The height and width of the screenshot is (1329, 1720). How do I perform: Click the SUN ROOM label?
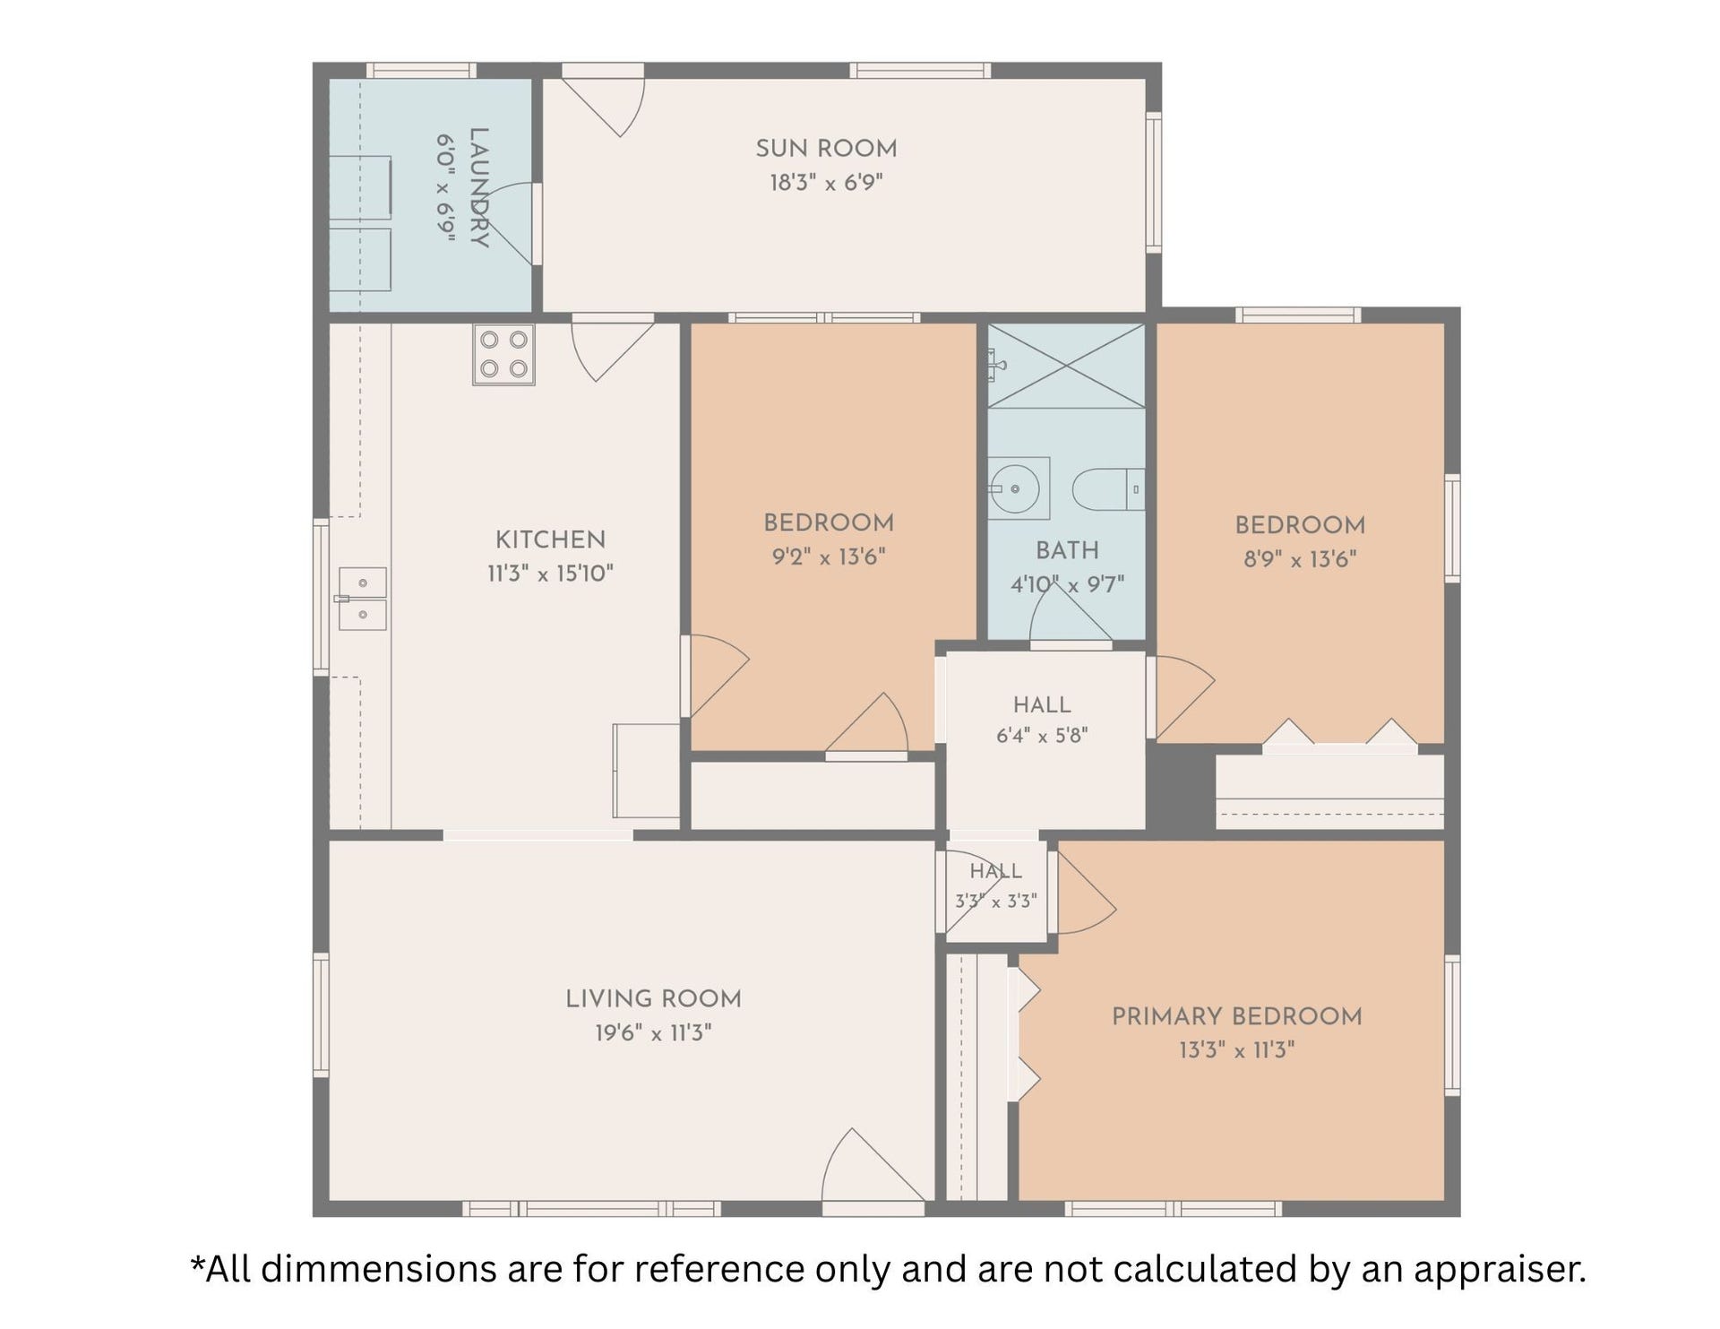coord(826,148)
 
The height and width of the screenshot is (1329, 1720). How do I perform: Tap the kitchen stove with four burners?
coord(503,355)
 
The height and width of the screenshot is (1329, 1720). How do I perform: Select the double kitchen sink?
coord(363,599)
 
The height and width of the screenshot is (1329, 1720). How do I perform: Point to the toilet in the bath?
coord(1108,489)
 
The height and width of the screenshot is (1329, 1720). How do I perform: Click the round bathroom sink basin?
coord(1016,489)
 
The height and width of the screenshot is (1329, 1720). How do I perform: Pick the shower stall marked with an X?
coord(1066,366)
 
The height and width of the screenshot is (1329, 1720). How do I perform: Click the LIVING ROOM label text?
coord(653,998)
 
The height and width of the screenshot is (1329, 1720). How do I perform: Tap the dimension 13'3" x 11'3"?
coord(1237,1049)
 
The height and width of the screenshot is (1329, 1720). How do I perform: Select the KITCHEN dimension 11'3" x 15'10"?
coord(550,574)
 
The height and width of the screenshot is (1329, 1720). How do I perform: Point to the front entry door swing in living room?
coord(873,1165)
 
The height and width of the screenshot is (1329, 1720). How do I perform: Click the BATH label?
coord(1067,550)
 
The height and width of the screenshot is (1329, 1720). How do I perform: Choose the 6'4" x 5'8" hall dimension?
coord(1042,736)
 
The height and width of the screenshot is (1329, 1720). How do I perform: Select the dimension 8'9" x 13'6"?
coord(1300,559)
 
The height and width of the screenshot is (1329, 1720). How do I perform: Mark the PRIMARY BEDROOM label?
coord(1237,1016)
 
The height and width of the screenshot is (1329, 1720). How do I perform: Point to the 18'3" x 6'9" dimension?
coord(826,183)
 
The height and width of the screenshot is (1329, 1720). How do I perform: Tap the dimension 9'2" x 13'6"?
coord(829,557)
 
